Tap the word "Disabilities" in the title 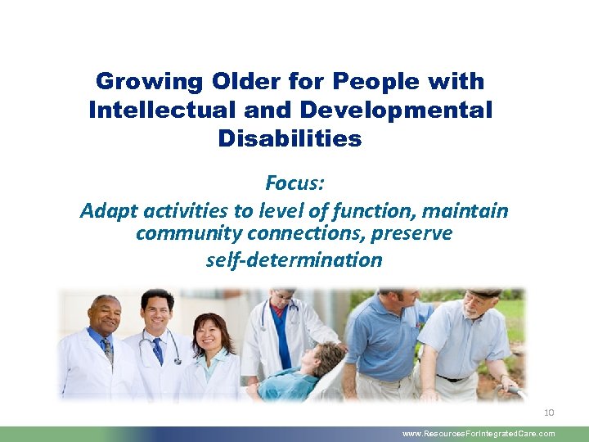(290, 139)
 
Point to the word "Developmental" (396, 110)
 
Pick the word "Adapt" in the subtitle (110, 211)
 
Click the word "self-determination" (294, 260)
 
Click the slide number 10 (547, 413)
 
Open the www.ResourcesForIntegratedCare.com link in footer (479, 434)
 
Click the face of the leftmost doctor (106, 316)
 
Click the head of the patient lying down (330, 359)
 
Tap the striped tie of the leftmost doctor (107, 350)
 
